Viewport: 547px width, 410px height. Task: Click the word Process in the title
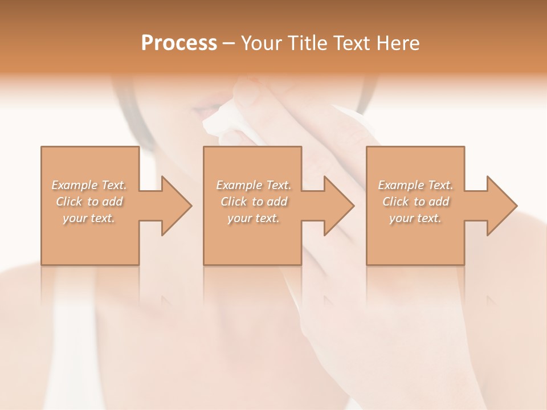click(179, 43)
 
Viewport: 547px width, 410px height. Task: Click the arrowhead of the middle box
click(338, 206)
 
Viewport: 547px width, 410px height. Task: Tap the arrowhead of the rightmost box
click(501, 206)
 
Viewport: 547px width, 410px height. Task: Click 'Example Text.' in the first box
click(89, 185)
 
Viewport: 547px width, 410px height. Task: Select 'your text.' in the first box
click(89, 218)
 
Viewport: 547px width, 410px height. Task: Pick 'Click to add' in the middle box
click(254, 202)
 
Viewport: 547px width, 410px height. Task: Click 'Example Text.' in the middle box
click(254, 185)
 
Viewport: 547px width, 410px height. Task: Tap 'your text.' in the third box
click(415, 218)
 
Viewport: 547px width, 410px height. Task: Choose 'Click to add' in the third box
click(415, 202)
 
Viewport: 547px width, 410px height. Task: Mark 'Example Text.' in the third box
click(415, 185)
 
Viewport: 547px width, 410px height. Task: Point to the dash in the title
click(229, 43)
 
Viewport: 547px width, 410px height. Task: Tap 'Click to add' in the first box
click(89, 202)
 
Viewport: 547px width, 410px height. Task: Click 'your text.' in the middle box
click(254, 218)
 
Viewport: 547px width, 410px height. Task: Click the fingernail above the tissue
click(247, 91)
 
